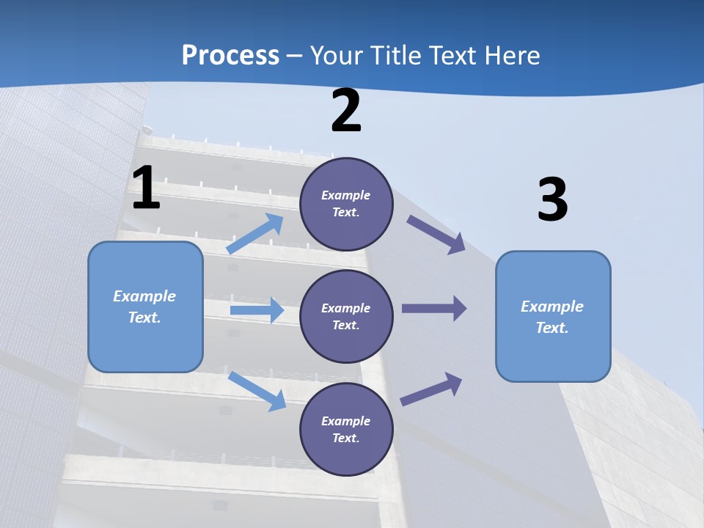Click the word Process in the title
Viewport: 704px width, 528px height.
[230, 56]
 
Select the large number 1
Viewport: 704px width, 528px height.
[146, 188]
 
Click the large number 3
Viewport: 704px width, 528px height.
[552, 200]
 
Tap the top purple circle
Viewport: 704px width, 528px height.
[347, 204]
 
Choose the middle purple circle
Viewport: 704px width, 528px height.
[347, 316]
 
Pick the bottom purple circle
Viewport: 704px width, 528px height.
[347, 429]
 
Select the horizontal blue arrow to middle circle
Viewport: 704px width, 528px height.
[256, 310]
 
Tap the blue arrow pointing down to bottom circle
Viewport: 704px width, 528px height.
[257, 391]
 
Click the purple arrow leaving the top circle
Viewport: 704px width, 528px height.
[436, 234]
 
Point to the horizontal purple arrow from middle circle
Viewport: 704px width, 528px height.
[433, 309]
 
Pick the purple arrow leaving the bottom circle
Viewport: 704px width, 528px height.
[431, 389]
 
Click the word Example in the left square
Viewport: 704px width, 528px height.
[144, 296]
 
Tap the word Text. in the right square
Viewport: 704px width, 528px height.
[552, 328]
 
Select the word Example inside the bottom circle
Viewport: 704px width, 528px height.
[345, 421]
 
